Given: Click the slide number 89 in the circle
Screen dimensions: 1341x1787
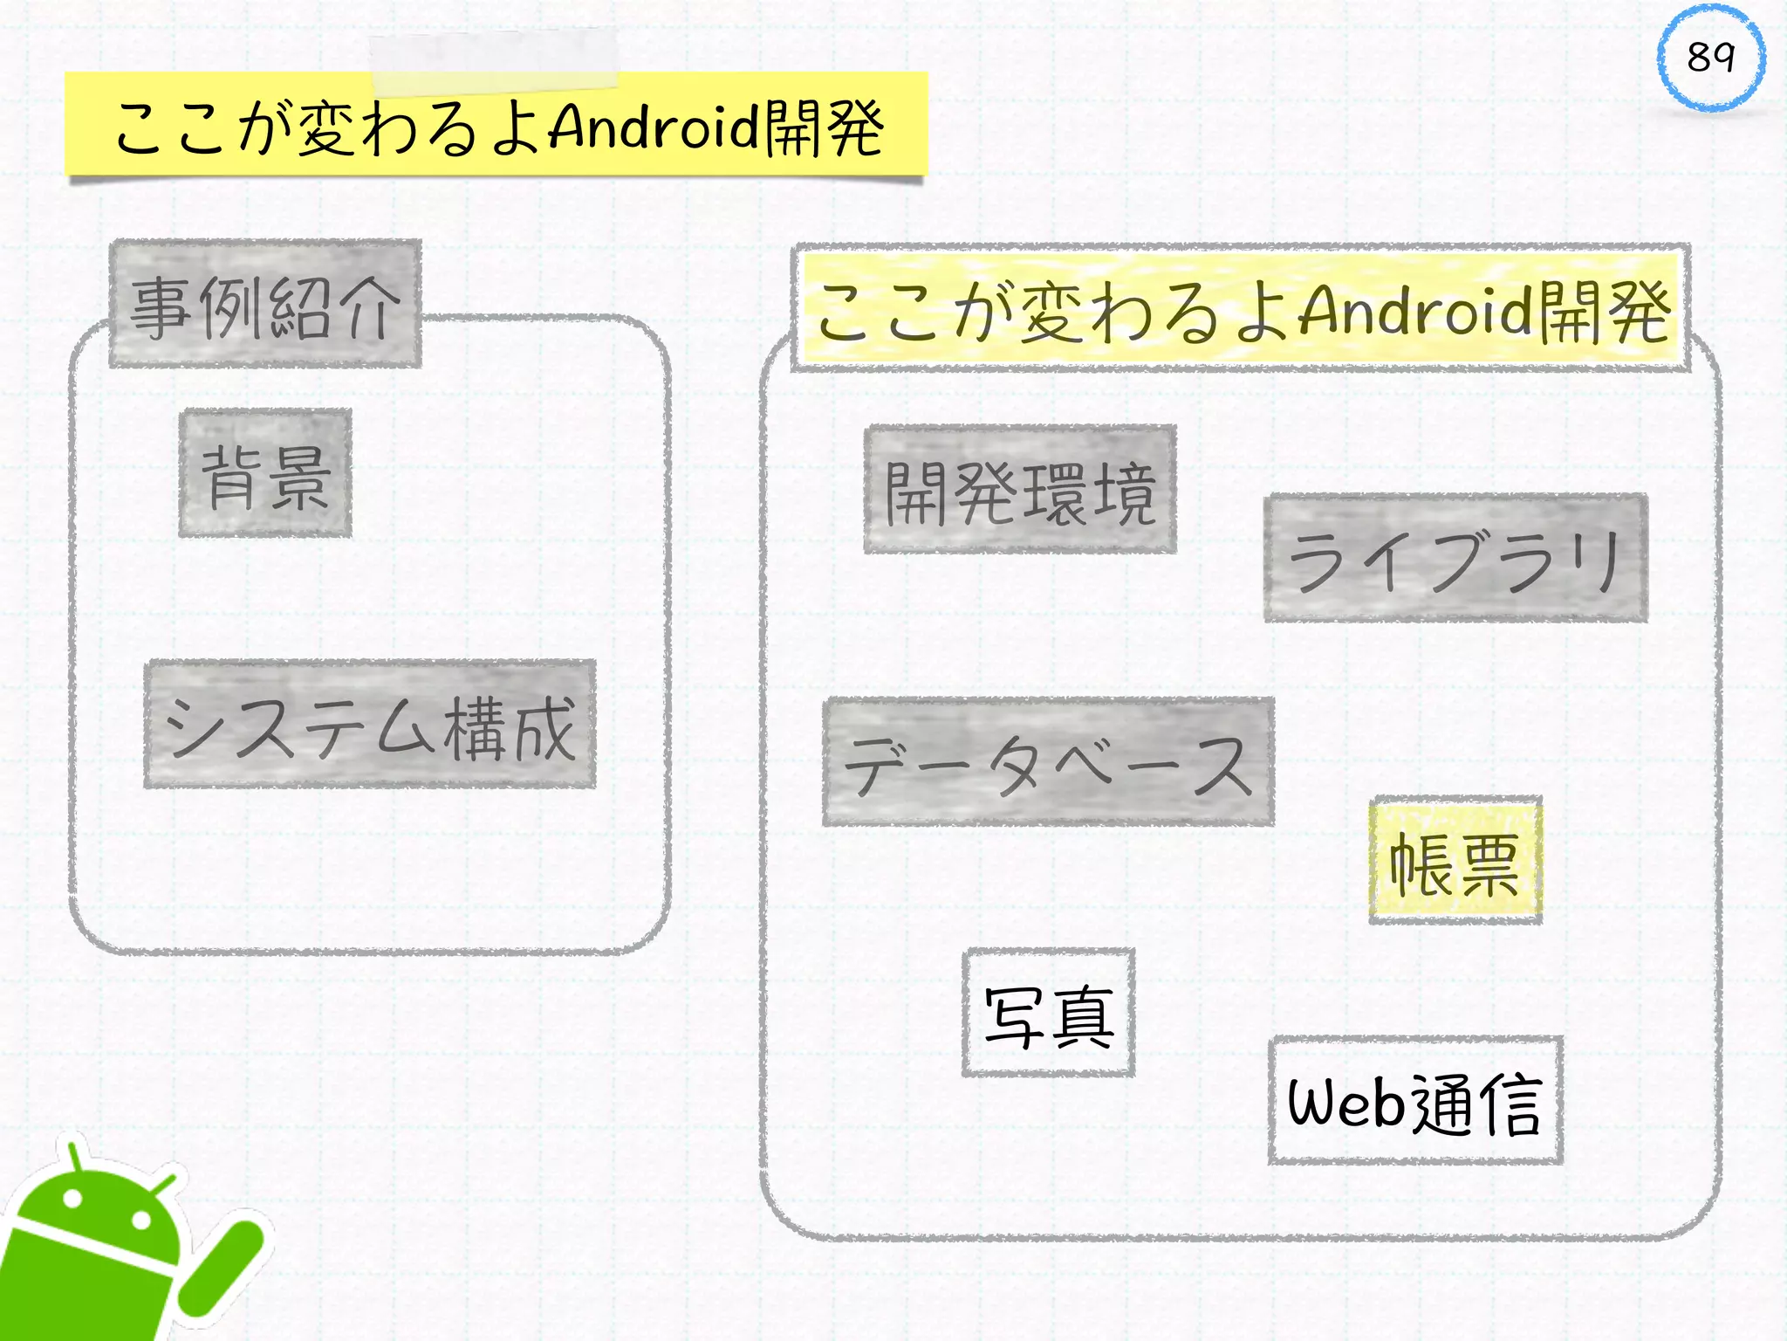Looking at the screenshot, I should (x=1710, y=58).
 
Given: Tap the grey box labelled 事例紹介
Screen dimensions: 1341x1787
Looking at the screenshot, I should (x=265, y=304).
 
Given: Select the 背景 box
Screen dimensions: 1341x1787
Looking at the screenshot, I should (x=265, y=473).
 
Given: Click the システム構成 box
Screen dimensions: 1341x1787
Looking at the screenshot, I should (x=370, y=725).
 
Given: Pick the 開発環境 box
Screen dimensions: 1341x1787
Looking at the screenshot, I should (x=1020, y=490).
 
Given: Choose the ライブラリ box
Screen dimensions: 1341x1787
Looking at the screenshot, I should (x=1455, y=559).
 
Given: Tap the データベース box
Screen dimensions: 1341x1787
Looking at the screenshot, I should (x=1048, y=762).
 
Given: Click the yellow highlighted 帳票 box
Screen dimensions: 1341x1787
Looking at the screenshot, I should (x=1455, y=861).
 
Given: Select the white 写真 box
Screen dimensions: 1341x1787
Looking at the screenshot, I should (x=1048, y=1013).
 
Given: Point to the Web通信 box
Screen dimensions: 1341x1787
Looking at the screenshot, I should (x=1415, y=1101).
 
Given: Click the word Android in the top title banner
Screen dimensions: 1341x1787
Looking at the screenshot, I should (x=654, y=127).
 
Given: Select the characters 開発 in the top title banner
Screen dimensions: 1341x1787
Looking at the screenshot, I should (x=825, y=127).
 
